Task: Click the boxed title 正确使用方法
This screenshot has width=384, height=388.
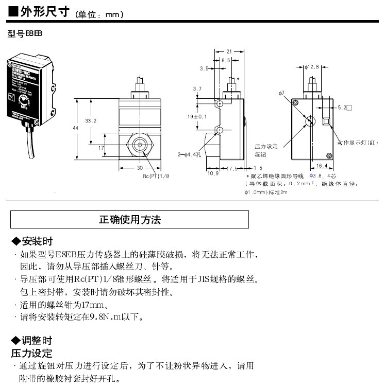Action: coord(129,220)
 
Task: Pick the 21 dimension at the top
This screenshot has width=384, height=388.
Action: coord(229,51)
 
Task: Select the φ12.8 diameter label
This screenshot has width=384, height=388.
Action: coord(312,66)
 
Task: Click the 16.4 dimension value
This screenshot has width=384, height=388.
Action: coord(321,165)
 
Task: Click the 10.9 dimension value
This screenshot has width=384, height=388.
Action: coord(213,173)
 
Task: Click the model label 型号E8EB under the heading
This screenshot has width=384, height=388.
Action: coord(24,33)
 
